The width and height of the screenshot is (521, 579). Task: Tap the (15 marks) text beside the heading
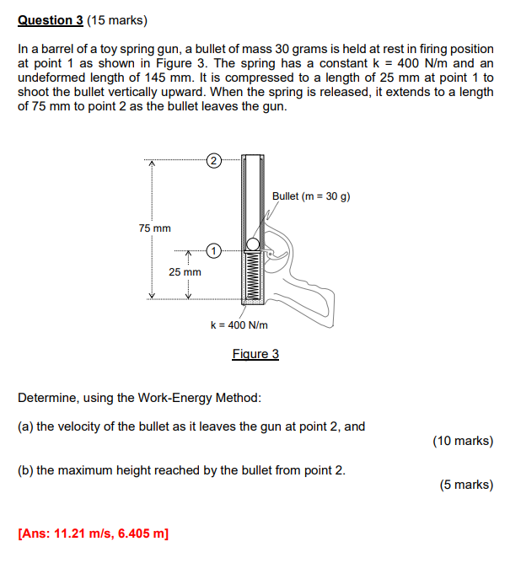(x=116, y=19)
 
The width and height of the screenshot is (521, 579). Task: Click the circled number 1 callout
(x=214, y=250)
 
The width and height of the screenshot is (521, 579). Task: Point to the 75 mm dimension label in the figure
(x=154, y=228)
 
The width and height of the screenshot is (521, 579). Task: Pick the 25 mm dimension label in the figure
(x=185, y=272)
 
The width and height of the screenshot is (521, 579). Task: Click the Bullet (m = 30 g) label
(x=311, y=196)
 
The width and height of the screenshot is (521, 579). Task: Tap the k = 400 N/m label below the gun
(x=239, y=325)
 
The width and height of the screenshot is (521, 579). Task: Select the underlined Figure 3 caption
(x=255, y=354)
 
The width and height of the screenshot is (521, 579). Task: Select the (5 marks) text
(x=466, y=485)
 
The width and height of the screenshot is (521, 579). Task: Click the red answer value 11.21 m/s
(x=83, y=533)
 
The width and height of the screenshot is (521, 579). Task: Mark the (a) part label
(x=25, y=426)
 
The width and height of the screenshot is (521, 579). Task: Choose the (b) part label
(x=25, y=470)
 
